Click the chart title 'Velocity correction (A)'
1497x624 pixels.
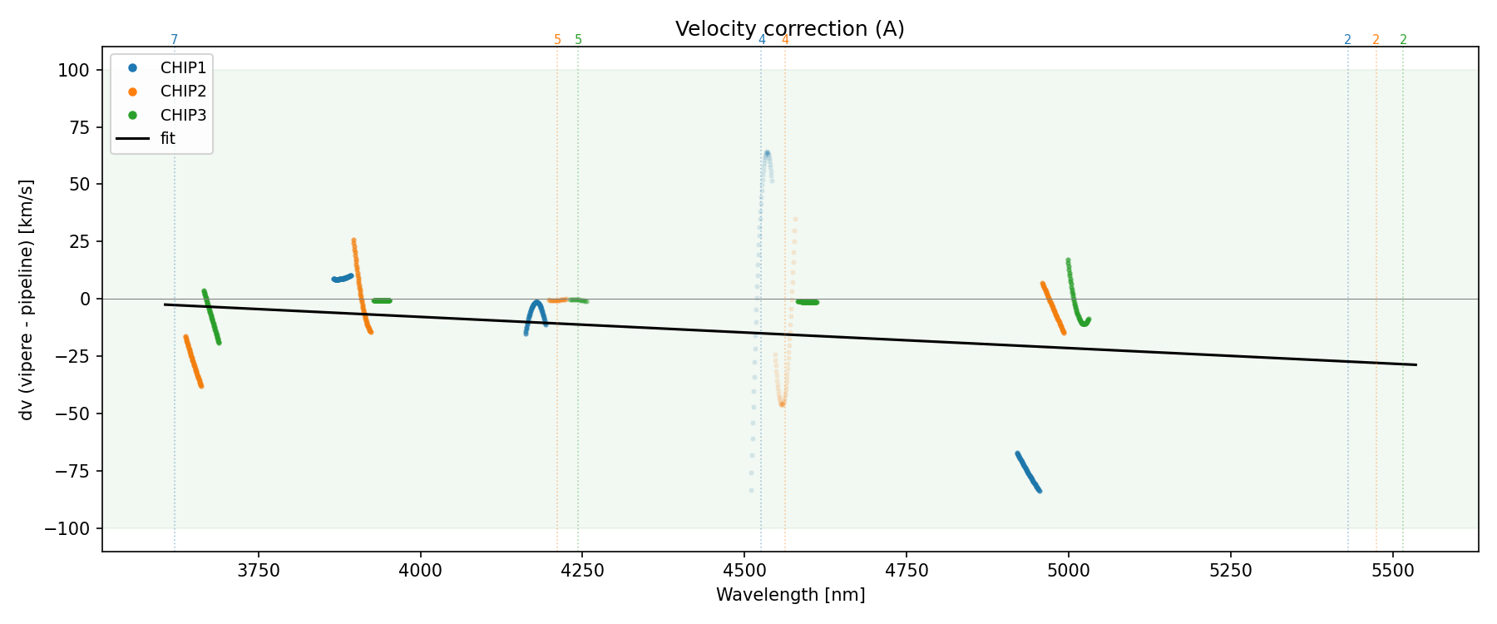point(789,29)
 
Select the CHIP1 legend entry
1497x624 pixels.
point(183,68)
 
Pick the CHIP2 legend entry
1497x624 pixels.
point(183,92)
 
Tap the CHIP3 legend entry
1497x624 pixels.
point(183,115)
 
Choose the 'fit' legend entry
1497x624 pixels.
point(168,139)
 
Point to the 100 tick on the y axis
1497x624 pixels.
point(73,71)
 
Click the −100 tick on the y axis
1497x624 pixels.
point(68,528)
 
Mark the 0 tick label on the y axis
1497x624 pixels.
point(84,300)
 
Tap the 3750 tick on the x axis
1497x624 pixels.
point(259,570)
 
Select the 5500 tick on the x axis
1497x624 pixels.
point(1391,570)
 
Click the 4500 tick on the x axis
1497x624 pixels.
point(744,570)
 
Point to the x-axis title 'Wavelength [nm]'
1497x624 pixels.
point(790,595)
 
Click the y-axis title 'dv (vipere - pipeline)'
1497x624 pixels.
point(27,300)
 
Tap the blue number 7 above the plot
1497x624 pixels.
point(174,40)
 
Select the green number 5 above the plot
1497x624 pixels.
point(579,40)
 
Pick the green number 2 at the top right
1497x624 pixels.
point(1403,40)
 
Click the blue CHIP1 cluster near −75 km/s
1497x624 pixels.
point(1028,472)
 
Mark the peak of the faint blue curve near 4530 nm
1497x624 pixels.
point(767,152)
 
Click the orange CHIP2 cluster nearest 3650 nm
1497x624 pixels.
point(193,361)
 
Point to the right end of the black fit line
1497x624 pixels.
point(1415,364)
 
